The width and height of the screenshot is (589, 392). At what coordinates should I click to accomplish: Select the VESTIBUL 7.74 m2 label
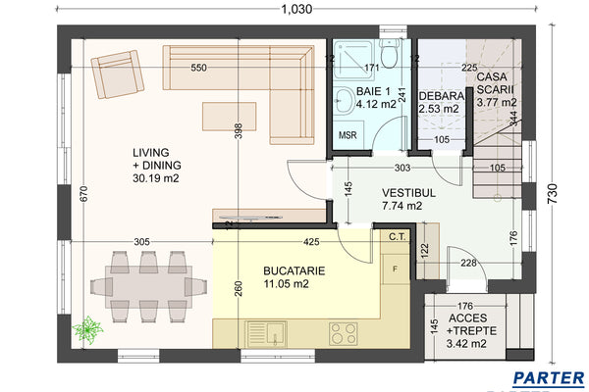(x=402, y=200)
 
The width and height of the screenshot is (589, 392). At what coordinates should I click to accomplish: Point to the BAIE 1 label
(x=374, y=96)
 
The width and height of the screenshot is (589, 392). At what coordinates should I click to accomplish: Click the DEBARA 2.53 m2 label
(x=439, y=102)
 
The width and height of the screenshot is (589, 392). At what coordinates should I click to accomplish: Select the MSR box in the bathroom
(x=348, y=133)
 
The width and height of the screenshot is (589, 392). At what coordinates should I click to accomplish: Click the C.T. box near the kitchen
(x=397, y=236)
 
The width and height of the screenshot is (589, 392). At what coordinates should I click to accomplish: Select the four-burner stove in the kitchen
(x=344, y=333)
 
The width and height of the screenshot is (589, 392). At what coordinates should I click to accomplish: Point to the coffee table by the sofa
(x=229, y=116)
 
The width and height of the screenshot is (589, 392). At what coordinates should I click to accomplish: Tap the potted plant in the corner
(x=92, y=327)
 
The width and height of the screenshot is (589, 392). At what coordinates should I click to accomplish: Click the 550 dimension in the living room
(x=198, y=69)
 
